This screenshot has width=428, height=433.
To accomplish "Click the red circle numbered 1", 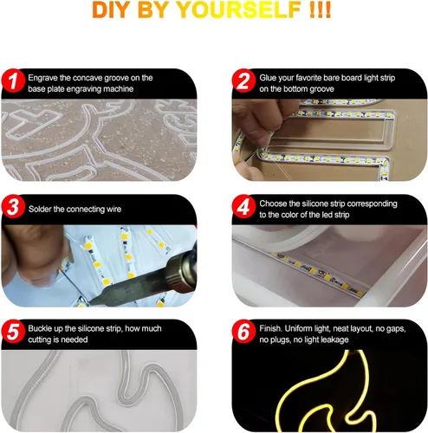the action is click(x=13, y=81).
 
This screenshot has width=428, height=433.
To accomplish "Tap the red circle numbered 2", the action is click(x=243, y=81).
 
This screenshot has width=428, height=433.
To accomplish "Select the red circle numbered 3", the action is click(x=13, y=207).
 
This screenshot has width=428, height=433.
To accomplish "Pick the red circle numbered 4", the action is click(x=243, y=207).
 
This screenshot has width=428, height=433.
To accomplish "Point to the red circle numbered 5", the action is click(x=13, y=332).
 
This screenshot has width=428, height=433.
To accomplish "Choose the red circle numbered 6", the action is click(x=243, y=332).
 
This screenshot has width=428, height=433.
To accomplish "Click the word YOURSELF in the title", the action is click(x=239, y=10).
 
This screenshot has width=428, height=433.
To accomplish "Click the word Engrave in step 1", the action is click(x=42, y=78).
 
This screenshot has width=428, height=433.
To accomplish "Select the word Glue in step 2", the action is click(x=266, y=78).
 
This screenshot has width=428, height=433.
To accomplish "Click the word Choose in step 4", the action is click(x=273, y=204).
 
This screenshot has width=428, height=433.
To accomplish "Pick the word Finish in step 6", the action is click(x=270, y=328).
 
